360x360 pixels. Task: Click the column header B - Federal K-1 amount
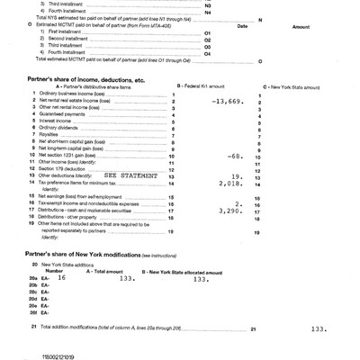click(x=209, y=85)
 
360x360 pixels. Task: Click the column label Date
click(x=241, y=27)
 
